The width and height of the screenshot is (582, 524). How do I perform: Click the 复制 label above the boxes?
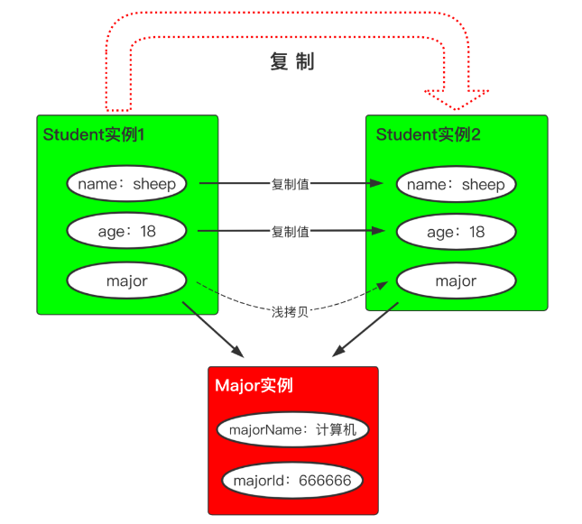291,62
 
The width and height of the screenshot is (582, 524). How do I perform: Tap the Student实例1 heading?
95,135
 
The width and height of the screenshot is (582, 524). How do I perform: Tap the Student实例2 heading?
428,135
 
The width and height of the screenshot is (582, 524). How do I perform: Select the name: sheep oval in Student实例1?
126,184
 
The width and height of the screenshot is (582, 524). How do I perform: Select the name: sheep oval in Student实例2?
456,185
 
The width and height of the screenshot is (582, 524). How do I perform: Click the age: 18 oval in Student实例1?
126,232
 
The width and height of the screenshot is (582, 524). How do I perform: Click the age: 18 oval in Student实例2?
456,233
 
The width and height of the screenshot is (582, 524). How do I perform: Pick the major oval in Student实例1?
126,280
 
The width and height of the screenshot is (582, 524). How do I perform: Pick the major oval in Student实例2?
456,281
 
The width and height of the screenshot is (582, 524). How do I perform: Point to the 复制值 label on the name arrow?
291,184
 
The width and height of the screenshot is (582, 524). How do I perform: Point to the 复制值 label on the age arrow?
291,232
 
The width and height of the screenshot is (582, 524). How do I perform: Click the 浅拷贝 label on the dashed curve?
291,312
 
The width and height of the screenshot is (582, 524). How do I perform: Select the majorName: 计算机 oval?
292,429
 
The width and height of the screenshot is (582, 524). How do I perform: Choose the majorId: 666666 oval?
292,480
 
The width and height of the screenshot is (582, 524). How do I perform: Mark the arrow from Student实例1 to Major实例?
213,329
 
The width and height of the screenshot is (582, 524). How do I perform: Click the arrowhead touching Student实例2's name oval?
386,184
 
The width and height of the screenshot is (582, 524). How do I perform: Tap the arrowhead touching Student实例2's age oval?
386,232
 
